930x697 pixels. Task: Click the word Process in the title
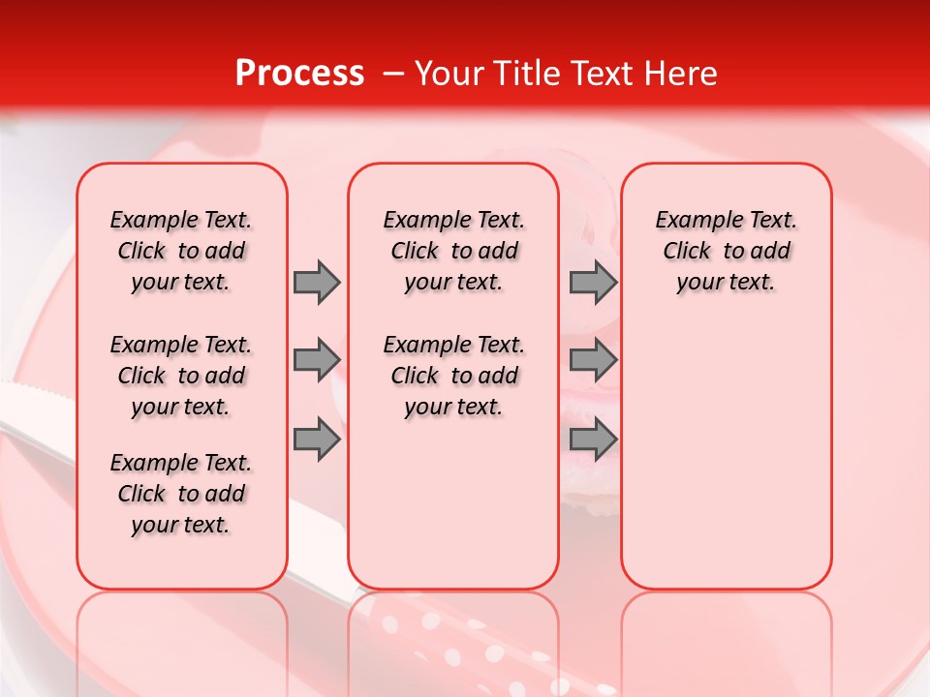tap(299, 74)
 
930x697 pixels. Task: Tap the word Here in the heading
tap(681, 74)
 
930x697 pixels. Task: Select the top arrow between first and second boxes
tap(317, 282)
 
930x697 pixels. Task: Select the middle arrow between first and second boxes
tap(317, 360)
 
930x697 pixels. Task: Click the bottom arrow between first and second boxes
tap(317, 439)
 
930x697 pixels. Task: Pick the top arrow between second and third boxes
tap(593, 282)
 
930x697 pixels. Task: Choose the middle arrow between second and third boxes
tap(593, 360)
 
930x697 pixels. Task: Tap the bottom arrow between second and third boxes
tap(593, 439)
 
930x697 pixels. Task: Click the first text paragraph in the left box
tap(181, 251)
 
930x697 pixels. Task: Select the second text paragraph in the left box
tap(181, 376)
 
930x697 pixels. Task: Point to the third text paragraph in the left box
tap(181, 494)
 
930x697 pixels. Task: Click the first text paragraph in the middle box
tap(453, 251)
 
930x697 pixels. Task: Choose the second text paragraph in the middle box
tap(453, 376)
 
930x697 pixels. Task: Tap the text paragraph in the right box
tap(727, 251)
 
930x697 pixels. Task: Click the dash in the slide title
tap(394, 75)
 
